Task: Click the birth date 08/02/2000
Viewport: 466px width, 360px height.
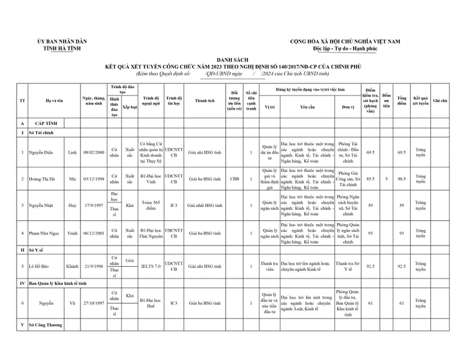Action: tap(93, 152)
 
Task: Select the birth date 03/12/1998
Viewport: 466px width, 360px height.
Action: tap(93, 179)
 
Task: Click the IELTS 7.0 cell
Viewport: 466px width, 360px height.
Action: tap(150, 266)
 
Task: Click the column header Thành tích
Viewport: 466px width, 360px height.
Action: tap(205, 101)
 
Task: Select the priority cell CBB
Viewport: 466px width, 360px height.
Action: tap(234, 179)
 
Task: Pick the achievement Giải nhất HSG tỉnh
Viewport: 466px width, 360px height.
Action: tap(205, 205)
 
